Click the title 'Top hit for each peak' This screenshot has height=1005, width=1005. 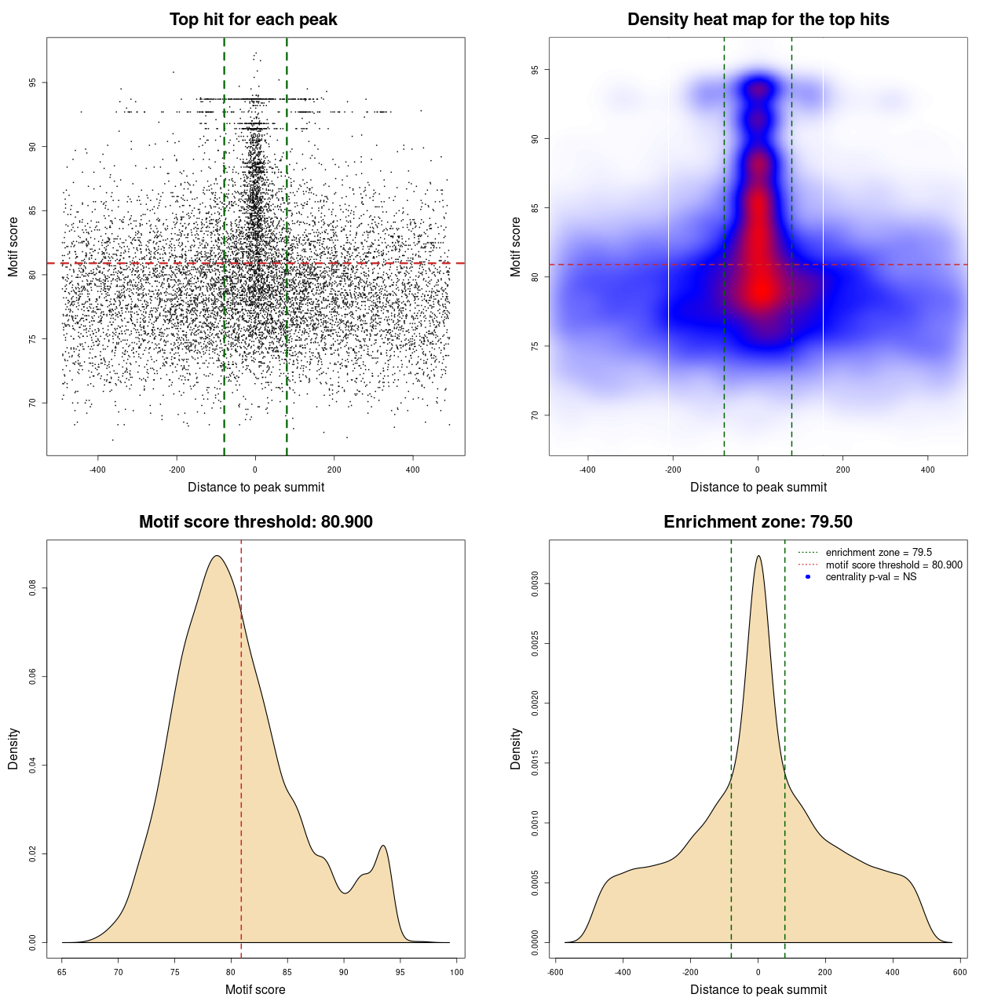tap(253, 20)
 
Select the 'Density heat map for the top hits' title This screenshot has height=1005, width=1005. tap(758, 20)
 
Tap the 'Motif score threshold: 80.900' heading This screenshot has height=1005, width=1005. tap(255, 522)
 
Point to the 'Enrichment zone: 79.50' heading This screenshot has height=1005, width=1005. tap(758, 522)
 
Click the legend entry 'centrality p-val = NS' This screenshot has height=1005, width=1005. tap(871, 577)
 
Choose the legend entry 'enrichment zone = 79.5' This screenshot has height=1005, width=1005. tap(879, 553)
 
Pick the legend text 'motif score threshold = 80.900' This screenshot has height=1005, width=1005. tap(894, 565)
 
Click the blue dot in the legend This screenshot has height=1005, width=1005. tap(808, 577)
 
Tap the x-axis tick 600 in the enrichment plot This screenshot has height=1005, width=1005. tap(959, 972)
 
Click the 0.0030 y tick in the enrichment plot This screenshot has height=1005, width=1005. tap(535, 584)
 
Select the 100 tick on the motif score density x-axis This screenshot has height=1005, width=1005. tap(457, 972)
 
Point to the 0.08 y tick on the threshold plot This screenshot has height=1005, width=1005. tap(32, 588)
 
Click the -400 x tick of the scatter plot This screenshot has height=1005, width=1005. tap(97, 470)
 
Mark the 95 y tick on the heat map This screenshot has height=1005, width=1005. tap(535, 70)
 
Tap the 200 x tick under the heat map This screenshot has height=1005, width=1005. tap(842, 470)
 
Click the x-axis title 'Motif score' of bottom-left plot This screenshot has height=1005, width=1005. tap(255, 989)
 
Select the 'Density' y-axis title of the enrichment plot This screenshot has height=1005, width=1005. tap(516, 748)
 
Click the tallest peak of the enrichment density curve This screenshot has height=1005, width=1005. tap(758, 557)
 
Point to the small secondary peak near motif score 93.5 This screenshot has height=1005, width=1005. tap(383, 846)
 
